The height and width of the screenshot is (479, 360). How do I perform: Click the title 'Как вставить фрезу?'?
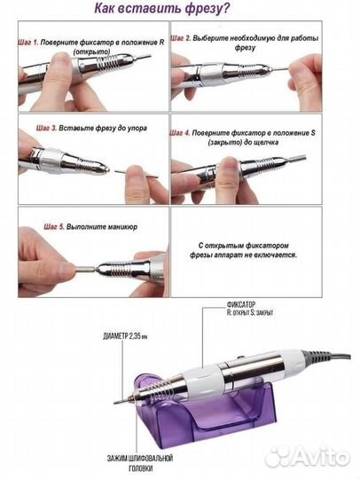click(x=162, y=9)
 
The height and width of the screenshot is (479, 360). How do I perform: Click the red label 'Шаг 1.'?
click(x=28, y=43)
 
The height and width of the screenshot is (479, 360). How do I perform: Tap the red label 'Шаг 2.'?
click(x=181, y=38)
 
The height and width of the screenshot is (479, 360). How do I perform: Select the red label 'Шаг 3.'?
click(x=46, y=128)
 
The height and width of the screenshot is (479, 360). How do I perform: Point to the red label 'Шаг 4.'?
click(x=180, y=133)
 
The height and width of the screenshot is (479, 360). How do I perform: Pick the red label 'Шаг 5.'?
click(x=54, y=227)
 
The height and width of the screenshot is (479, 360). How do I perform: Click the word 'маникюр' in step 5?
click(x=123, y=227)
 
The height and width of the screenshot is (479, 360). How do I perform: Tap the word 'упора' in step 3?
click(x=137, y=129)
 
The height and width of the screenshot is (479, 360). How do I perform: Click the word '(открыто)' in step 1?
click(x=91, y=51)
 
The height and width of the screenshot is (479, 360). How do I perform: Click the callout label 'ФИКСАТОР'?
click(x=241, y=304)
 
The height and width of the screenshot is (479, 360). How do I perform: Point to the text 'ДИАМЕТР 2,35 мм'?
click(x=125, y=337)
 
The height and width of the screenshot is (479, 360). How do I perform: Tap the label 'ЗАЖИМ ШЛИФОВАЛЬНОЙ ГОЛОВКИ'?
click(x=140, y=463)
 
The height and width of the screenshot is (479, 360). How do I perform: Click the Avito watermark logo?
click(x=307, y=457)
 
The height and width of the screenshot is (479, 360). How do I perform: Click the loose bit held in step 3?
click(x=137, y=175)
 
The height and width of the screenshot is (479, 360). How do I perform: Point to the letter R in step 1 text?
click(x=162, y=43)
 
